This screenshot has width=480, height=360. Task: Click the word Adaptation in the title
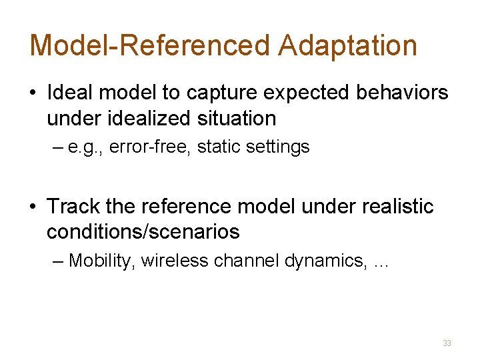347,45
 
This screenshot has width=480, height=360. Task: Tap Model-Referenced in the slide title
150,45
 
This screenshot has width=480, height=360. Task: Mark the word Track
73,207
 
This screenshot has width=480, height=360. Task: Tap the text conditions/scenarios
143,232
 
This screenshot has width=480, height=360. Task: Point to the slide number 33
447,343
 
